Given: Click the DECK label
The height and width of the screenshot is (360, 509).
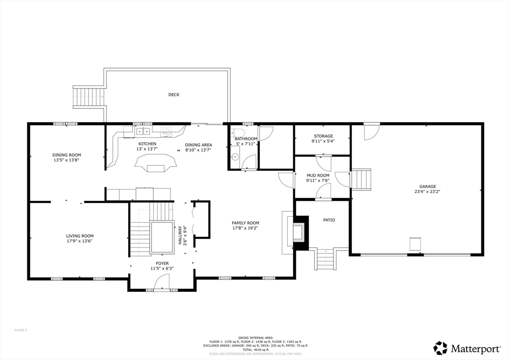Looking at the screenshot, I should click(173, 94).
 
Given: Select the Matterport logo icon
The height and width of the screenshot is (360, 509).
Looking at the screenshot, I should click(440, 348).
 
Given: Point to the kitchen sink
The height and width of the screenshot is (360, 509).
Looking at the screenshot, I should click(144, 131).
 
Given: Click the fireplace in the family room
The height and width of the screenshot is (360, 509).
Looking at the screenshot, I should click(299, 232).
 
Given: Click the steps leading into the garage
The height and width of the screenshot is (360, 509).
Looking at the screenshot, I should click(361, 179).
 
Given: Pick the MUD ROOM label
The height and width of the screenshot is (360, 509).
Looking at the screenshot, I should click(318, 176).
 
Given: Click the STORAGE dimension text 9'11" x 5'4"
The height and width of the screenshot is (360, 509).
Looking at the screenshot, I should click(323, 141).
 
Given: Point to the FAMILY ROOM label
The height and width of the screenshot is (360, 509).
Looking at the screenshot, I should click(245, 223).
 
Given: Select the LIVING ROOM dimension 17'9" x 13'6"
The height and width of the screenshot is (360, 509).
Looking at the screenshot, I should click(80, 241).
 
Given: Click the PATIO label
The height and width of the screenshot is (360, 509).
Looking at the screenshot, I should click(329, 219).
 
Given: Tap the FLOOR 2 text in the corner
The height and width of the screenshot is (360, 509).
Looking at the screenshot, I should click(20, 330).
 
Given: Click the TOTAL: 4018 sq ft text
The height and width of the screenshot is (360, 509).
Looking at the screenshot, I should click(255, 350).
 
